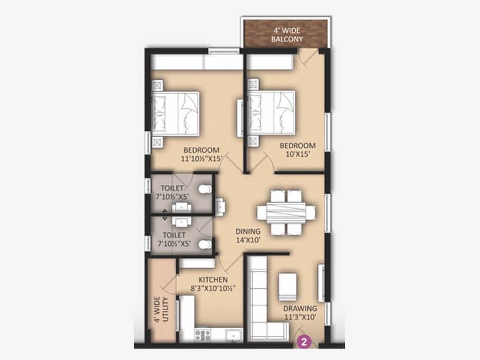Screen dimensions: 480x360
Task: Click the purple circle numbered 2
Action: [304, 341]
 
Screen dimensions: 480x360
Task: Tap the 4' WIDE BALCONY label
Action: [287, 35]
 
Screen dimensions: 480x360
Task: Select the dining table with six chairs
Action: [286, 213]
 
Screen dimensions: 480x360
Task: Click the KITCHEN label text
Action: [213, 280]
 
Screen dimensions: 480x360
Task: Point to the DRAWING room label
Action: [300, 308]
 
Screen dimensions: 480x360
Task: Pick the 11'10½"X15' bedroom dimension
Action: [201, 158]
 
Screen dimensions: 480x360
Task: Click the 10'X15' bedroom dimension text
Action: [298, 154]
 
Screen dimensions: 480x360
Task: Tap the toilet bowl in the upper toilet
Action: [205, 189]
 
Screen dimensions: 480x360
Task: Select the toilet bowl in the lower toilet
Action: [205, 245]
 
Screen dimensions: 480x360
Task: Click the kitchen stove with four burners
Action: [203, 335]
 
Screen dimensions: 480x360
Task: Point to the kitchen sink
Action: [234, 335]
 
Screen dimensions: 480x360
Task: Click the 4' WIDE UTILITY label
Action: [161, 309]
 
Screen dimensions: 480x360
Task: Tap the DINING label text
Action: [248, 232]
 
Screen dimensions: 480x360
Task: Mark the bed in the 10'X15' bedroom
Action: [272, 113]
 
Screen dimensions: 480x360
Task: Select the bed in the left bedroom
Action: [176, 113]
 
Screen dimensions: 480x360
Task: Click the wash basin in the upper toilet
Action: [182, 207]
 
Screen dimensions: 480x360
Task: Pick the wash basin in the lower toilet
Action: [182, 221]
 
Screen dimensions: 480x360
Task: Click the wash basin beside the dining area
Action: [220, 207]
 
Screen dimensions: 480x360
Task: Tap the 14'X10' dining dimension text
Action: [248, 240]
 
